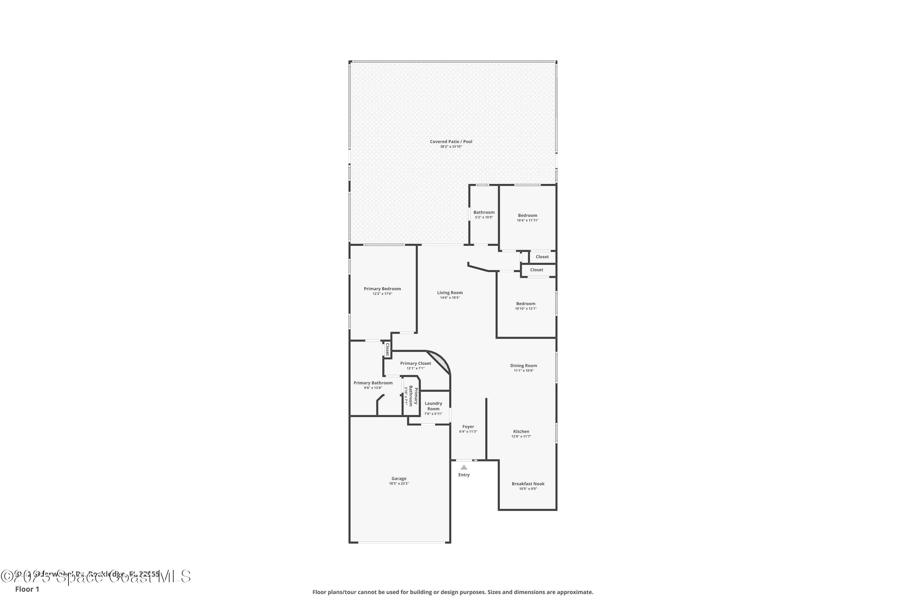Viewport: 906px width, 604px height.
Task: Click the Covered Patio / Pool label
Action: click(451, 142)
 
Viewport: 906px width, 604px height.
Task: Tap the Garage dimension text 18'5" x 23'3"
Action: click(399, 484)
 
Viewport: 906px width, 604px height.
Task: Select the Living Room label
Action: click(450, 293)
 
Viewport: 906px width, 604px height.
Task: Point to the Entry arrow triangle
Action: click(464, 467)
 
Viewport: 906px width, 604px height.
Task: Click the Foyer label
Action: click(468, 426)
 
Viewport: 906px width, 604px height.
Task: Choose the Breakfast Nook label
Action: click(528, 484)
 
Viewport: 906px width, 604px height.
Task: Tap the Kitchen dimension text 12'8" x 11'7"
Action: click(521, 436)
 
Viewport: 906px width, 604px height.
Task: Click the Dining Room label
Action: click(523, 365)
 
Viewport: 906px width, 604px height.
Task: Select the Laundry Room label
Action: click(433, 406)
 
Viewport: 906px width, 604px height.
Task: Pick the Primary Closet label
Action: click(415, 363)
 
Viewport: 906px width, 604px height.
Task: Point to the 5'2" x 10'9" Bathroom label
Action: click(484, 213)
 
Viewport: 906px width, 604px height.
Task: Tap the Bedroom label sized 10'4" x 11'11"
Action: click(527, 216)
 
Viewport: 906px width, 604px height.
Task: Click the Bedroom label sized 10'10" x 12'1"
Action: click(525, 304)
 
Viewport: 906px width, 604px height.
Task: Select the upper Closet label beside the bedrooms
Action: click(542, 257)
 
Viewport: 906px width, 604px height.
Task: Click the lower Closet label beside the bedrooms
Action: click(536, 270)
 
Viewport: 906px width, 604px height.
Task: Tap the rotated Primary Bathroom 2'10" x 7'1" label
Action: click(411, 396)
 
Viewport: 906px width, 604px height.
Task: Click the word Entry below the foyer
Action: click(464, 475)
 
